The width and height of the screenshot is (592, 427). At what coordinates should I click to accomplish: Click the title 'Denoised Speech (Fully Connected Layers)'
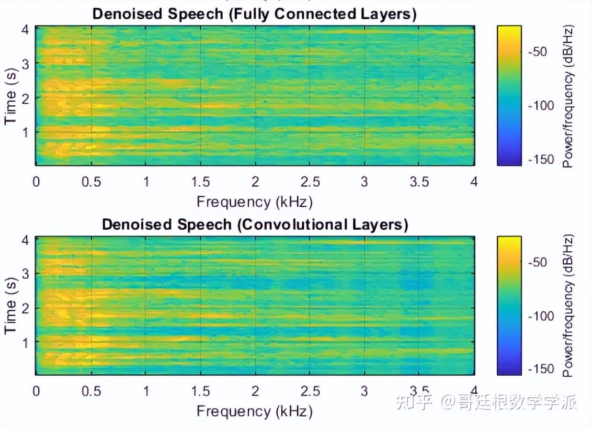pos(254,14)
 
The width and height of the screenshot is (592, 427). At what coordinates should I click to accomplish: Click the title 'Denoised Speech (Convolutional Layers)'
pos(255,225)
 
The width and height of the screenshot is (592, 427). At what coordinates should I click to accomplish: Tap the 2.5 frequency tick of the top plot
pos(310,182)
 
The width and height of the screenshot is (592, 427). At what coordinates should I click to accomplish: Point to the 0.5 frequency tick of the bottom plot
pos(91,392)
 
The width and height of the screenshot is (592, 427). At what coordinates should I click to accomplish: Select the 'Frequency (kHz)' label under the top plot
pos(254,202)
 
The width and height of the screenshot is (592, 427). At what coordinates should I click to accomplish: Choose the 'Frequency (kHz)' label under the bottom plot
pos(254,411)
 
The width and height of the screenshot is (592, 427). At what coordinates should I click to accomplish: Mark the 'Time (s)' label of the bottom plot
pos(11,307)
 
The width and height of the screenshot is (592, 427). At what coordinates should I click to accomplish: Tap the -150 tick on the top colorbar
pos(539,159)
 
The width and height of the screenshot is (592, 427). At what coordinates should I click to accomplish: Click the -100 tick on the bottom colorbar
pos(539,316)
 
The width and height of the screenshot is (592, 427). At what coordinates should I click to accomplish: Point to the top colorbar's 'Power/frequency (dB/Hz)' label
pos(568,96)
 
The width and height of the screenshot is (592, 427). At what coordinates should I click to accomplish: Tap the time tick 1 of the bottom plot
pos(26,342)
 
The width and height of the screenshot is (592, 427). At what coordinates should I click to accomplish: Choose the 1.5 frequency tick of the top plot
pos(201,182)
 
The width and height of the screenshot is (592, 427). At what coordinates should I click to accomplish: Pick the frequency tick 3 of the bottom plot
pos(364,392)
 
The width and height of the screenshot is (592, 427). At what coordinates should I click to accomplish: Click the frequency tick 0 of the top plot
pos(36,182)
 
